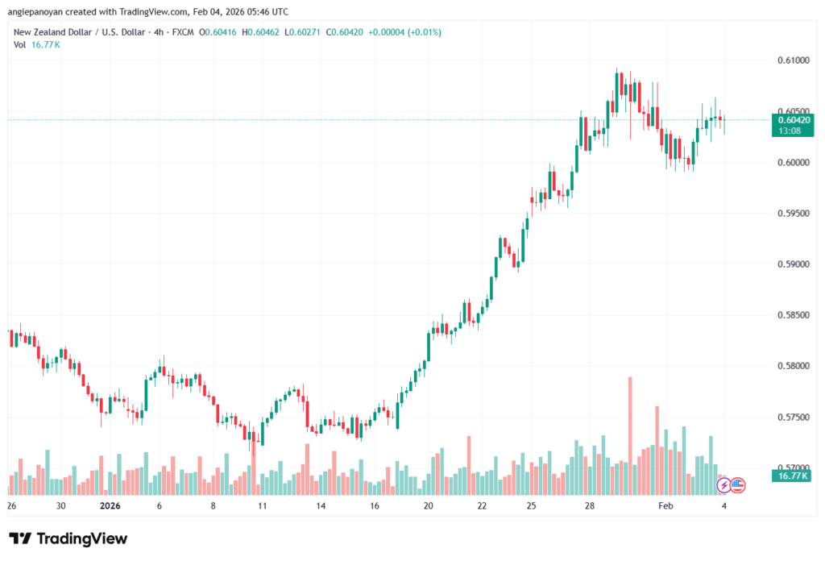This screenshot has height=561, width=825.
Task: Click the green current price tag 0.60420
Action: (790, 119)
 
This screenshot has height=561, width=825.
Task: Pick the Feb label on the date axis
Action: (665, 506)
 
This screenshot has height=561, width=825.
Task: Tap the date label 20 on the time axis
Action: (428, 506)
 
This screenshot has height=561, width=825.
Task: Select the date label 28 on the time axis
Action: (590, 506)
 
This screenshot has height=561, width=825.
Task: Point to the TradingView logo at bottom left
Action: (68, 538)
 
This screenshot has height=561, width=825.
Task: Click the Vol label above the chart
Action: (20, 44)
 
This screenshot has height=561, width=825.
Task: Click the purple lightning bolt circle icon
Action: (723, 485)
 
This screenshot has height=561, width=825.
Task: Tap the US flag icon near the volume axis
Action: (737, 485)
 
